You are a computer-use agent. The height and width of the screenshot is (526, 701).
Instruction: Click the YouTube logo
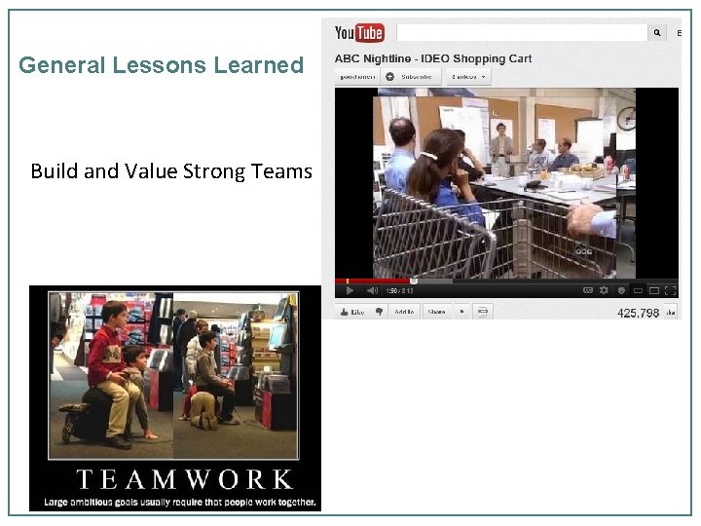point(358,33)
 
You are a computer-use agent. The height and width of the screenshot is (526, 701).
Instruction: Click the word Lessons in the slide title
point(160,66)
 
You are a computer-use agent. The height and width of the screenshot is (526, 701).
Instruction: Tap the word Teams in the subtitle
point(281,171)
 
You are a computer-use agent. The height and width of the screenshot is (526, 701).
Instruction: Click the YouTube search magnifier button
point(658,33)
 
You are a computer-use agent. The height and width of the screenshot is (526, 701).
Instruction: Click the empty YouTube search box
point(522,33)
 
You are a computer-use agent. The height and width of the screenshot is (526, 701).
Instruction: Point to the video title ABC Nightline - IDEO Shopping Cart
point(433,58)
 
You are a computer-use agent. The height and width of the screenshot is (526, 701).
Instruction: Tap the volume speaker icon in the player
point(371,290)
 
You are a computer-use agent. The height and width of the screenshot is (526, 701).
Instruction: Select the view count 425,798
point(638,313)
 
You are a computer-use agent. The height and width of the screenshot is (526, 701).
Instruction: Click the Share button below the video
point(436,312)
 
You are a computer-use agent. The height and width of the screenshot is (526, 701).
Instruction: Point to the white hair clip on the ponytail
point(428,154)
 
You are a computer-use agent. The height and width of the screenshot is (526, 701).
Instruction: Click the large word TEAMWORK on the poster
point(184,479)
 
